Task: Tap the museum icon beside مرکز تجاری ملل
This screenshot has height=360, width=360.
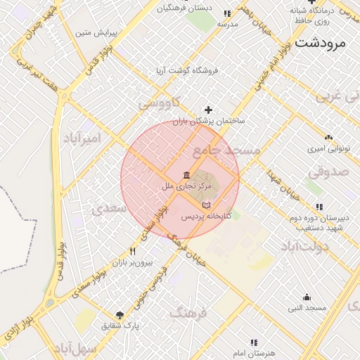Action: (186, 175)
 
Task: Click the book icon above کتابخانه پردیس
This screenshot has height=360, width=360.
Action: (206, 205)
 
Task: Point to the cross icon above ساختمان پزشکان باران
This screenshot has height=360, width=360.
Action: (208, 110)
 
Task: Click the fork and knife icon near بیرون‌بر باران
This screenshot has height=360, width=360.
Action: (132, 251)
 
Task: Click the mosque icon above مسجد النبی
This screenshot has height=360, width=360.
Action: (307, 297)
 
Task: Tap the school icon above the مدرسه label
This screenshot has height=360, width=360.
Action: (227, 13)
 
